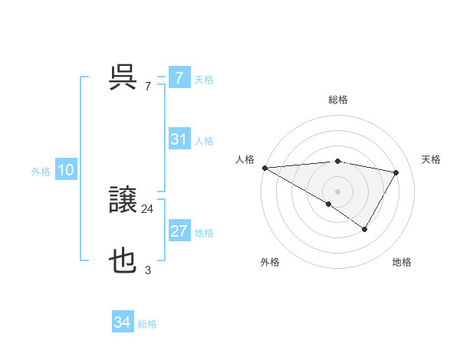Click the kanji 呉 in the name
(x=123, y=77)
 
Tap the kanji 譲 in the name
(x=123, y=201)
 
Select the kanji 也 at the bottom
(x=123, y=263)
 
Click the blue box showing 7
(x=179, y=77)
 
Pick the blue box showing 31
(x=179, y=139)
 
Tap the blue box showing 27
(x=179, y=231)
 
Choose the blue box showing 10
(x=66, y=170)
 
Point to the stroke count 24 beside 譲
(x=147, y=208)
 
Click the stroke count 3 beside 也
(x=148, y=270)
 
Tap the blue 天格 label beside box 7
(x=204, y=79)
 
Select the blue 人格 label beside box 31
(x=204, y=141)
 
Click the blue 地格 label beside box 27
(x=204, y=233)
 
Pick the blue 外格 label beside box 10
(x=41, y=172)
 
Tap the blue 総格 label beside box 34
(x=147, y=324)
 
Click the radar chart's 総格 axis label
(x=337, y=100)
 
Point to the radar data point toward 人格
(x=264, y=167)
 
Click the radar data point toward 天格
(x=396, y=172)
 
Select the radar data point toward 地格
(x=365, y=229)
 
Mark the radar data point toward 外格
(x=329, y=204)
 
